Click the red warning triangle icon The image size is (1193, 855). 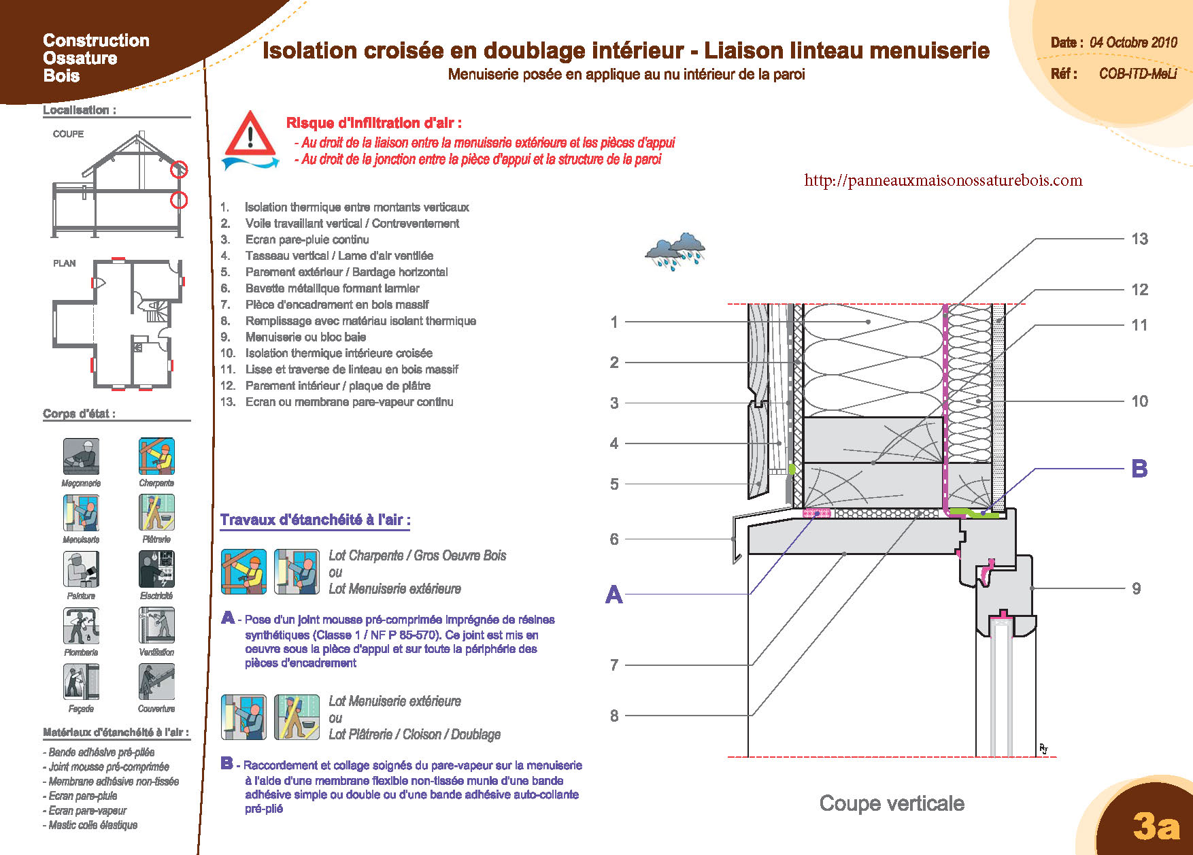pyautogui.click(x=250, y=134)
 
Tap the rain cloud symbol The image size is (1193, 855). pyautogui.click(x=675, y=251)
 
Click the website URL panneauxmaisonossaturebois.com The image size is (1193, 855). pyautogui.click(x=943, y=180)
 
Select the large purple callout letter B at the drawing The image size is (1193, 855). pyautogui.click(x=1139, y=469)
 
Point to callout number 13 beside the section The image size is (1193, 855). pyautogui.click(x=1139, y=239)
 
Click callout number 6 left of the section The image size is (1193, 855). pyautogui.click(x=614, y=539)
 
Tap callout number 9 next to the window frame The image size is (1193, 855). pyautogui.click(x=1136, y=588)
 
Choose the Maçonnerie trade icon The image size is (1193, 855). pyautogui.click(x=81, y=456)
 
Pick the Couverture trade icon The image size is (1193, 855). pyautogui.click(x=156, y=682)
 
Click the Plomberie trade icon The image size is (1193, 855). pyautogui.click(x=81, y=625)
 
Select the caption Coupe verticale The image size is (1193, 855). pyautogui.click(x=892, y=803)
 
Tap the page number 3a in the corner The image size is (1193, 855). pyautogui.click(x=1156, y=826)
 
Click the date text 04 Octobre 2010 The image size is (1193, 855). pyautogui.click(x=1133, y=43)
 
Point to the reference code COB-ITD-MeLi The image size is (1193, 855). pyautogui.click(x=1137, y=74)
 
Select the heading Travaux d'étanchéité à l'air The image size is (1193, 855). pyautogui.click(x=315, y=520)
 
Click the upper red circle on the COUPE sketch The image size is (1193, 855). pyautogui.click(x=179, y=169)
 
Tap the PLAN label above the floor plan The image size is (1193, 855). pyautogui.click(x=65, y=263)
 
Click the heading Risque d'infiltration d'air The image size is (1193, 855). pyautogui.click(x=373, y=123)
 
